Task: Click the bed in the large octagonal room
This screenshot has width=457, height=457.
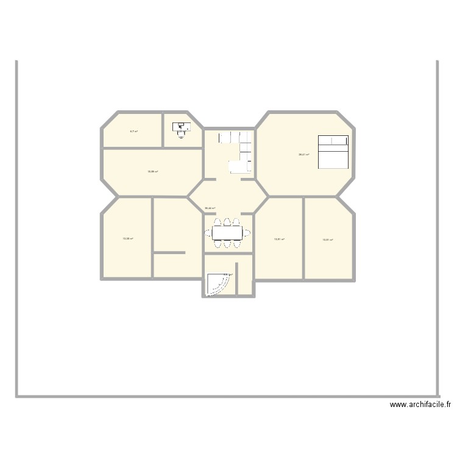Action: pyautogui.click(x=333, y=152)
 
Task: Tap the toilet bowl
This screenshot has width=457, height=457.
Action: pyautogui.click(x=181, y=135)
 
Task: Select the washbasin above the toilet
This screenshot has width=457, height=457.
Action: pyautogui.click(x=181, y=127)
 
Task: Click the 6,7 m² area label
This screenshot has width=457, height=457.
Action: pyautogui.click(x=133, y=132)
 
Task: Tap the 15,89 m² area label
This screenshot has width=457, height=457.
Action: pyautogui.click(x=152, y=172)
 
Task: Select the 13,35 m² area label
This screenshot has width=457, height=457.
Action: pyautogui.click(x=127, y=239)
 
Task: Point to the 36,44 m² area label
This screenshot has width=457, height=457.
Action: pyautogui.click(x=210, y=208)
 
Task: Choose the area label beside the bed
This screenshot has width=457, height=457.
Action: pyautogui.click(x=303, y=155)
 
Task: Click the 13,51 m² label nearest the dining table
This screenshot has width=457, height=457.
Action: pyautogui.click(x=279, y=239)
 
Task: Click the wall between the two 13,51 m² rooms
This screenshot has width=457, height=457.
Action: pyautogui.click(x=303, y=238)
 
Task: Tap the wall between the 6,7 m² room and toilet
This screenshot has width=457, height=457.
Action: pyautogui.click(x=163, y=130)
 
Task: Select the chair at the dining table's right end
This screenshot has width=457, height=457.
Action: pyautogui.click(x=247, y=233)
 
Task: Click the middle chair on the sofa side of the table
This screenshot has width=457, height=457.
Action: pyautogui.click(x=227, y=222)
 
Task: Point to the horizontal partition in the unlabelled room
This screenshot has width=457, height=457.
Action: pyautogui.click(x=169, y=252)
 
